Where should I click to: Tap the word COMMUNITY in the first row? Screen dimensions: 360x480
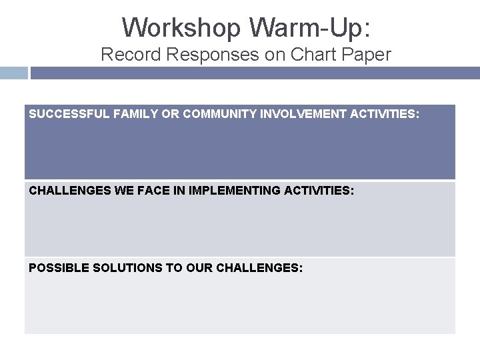(207, 115)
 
